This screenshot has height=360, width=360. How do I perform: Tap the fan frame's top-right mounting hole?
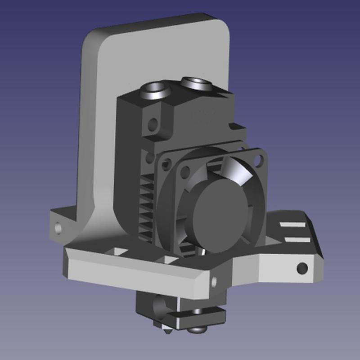tap(259, 159)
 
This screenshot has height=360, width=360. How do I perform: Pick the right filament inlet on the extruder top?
tap(196, 82)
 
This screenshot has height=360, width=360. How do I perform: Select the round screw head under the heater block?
tap(197, 330)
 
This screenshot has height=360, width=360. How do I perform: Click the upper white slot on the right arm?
tap(292, 224)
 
